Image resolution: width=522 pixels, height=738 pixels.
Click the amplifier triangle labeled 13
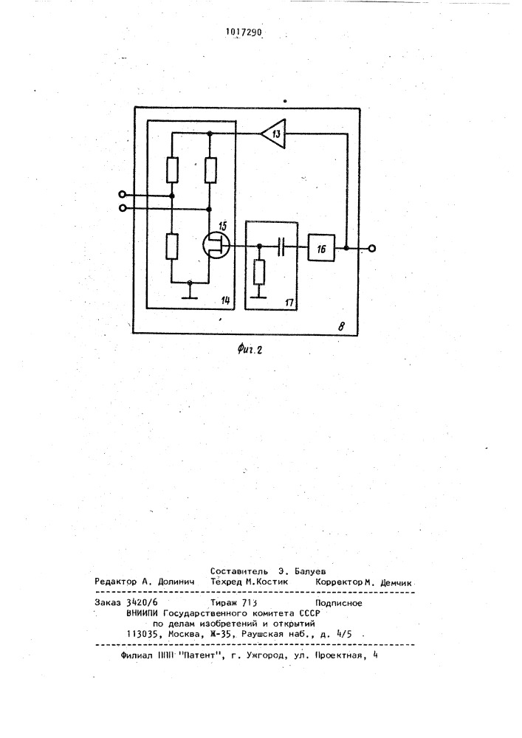pyautogui.click(x=274, y=134)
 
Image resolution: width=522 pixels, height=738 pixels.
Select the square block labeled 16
pyautogui.click(x=321, y=248)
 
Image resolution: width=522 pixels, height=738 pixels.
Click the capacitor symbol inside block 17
pyautogui.click(x=281, y=246)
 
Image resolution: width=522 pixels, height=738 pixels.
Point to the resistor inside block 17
pyautogui.click(x=259, y=272)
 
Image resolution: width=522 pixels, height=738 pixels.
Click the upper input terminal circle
pyautogui.click(x=123, y=195)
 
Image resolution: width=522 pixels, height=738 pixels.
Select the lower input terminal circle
pyautogui.click(x=123, y=208)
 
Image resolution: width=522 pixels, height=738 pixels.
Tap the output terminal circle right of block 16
pyautogui.click(x=372, y=249)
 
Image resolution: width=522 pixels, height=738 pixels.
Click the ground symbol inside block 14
pyautogui.click(x=189, y=291)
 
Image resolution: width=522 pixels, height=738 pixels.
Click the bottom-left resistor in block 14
pyautogui.click(x=172, y=246)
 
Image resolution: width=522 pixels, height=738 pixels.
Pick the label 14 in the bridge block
pyautogui.click(x=225, y=300)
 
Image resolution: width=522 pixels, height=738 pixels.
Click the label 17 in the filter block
pyautogui.click(x=289, y=303)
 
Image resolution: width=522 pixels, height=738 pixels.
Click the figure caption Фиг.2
pyautogui.click(x=250, y=349)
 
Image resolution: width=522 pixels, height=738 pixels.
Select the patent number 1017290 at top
pyautogui.click(x=244, y=32)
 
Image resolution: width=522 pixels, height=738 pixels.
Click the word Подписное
pyautogui.click(x=339, y=603)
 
